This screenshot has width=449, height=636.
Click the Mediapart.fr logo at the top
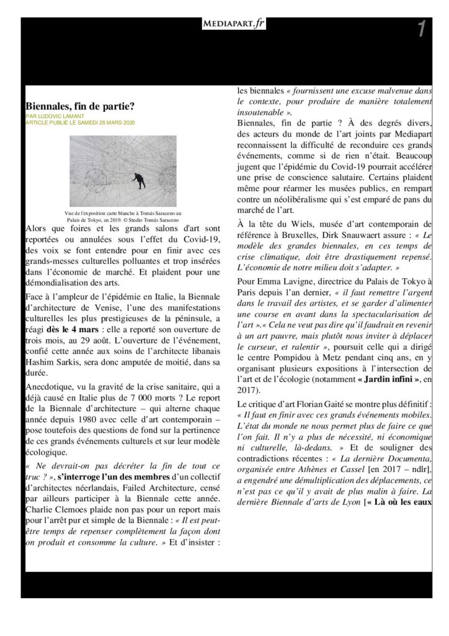click(225, 24)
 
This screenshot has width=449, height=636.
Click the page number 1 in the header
click(421, 29)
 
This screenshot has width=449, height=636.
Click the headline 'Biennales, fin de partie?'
click(80, 106)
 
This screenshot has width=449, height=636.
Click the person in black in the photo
click(141, 179)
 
